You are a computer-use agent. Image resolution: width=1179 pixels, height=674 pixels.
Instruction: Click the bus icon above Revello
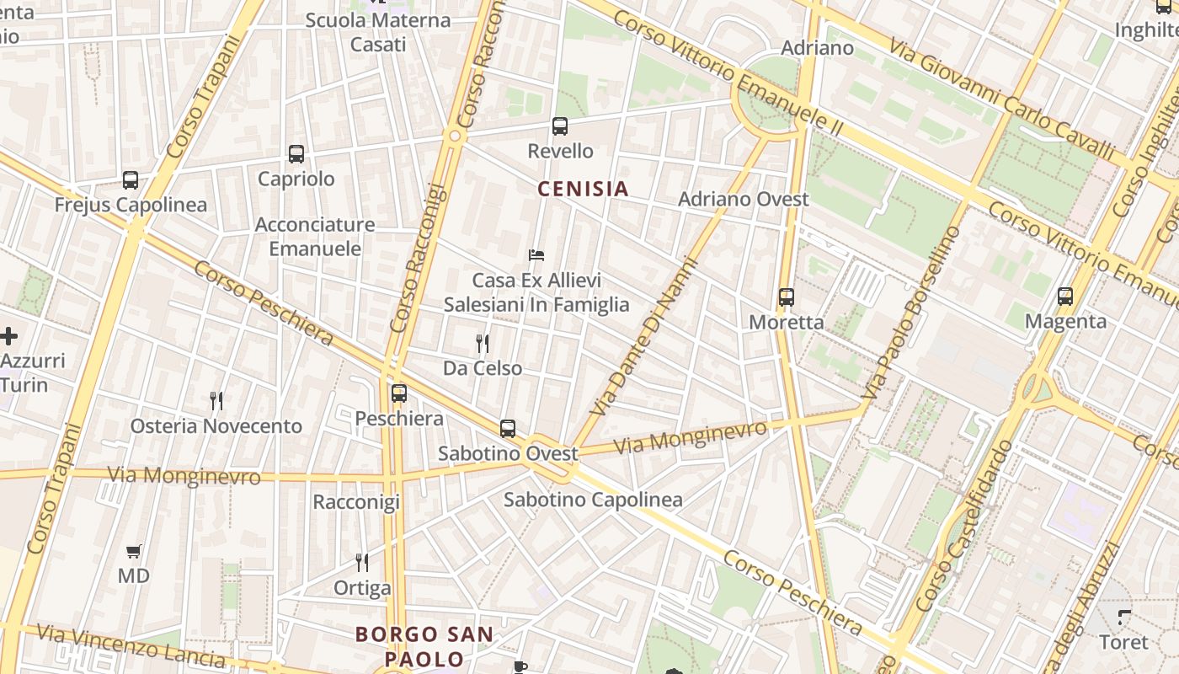click(x=560, y=126)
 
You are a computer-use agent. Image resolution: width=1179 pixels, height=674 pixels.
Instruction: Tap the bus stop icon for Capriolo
click(x=296, y=154)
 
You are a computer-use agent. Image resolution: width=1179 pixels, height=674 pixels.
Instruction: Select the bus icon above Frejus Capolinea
click(x=131, y=179)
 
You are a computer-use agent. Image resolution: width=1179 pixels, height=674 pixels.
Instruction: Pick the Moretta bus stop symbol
click(x=787, y=297)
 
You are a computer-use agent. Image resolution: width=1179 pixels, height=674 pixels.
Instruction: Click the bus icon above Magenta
click(x=1065, y=297)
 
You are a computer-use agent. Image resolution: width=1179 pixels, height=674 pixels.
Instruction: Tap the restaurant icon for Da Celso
click(x=483, y=343)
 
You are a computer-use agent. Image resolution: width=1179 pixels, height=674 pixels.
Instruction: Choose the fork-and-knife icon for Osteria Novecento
click(x=216, y=400)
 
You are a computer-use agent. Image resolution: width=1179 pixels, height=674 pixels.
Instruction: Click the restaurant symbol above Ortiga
click(x=362, y=562)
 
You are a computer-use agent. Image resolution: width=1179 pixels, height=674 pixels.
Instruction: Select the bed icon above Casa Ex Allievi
click(x=536, y=254)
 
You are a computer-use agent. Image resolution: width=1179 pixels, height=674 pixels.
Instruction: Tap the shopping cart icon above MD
click(x=134, y=552)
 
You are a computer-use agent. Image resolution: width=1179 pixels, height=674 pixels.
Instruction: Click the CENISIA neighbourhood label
click(x=584, y=189)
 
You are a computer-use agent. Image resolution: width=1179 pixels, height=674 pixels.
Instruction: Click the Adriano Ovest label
click(x=744, y=200)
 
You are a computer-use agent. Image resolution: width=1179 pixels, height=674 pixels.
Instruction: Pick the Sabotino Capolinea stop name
click(x=593, y=500)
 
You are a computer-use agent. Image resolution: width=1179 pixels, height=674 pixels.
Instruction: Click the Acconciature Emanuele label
click(x=315, y=237)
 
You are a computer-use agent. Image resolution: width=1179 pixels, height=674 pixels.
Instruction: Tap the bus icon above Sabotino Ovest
click(x=508, y=428)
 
